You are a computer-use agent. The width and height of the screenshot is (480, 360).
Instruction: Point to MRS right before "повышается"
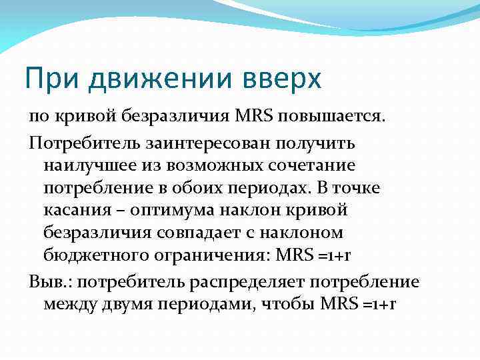tap(252, 118)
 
